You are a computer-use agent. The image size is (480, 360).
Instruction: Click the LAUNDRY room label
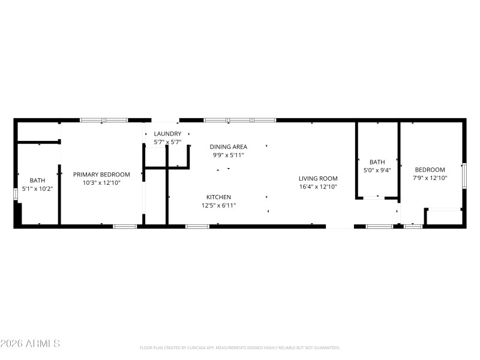[167, 133]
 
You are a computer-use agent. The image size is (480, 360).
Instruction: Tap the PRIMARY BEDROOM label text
[101, 175]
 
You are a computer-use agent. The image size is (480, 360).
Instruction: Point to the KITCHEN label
[218, 197]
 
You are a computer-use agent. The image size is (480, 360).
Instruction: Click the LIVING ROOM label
[319, 178]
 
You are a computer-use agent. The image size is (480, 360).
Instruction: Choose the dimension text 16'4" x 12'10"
[319, 187]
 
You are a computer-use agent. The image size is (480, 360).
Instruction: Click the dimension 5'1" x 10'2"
[37, 188]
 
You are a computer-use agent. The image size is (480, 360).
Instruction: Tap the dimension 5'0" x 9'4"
[377, 170]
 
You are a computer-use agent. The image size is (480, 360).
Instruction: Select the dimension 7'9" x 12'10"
[430, 178]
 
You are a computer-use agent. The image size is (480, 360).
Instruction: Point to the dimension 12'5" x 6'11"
[218, 206]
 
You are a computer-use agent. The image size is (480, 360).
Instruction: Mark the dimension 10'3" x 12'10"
[101, 183]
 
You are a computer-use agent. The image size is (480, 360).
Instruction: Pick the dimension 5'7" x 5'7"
[167, 142]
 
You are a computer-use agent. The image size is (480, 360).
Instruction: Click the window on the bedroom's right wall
[464, 175]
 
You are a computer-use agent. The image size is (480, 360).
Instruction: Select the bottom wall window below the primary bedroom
[125, 226]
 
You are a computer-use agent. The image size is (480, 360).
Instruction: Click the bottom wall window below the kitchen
[197, 226]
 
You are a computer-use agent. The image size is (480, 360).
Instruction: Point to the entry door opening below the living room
[340, 227]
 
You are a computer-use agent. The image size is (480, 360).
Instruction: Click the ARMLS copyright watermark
[30, 344]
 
